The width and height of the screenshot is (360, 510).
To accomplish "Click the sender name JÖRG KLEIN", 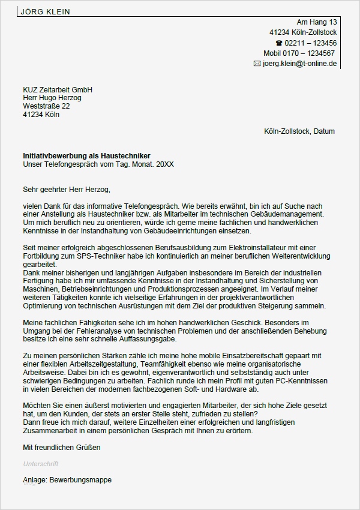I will click(x=45, y=11).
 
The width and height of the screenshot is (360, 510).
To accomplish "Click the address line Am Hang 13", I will click(x=317, y=22).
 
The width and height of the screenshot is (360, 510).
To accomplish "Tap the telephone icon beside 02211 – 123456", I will click(x=278, y=43).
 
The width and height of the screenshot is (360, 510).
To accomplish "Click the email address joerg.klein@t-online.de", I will click(x=300, y=64).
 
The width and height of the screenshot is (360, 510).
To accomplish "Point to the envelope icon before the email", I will click(x=257, y=64).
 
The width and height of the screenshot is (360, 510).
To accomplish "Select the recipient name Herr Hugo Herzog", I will click(x=52, y=98).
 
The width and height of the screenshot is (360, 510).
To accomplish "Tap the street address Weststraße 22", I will click(x=46, y=106).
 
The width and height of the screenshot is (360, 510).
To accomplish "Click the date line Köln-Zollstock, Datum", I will click(x=299, y=131).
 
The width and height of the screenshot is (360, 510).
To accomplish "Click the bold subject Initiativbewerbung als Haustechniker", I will click(x=86, y=155).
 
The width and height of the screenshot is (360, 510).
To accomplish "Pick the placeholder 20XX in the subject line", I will click(x=164, y=164).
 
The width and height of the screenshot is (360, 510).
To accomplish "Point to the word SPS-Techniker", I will click(x=97, y=256).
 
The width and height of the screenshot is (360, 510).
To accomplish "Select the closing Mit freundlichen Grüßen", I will click(x=62, y=448).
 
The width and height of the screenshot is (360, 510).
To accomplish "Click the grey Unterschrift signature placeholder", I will click(x=41, y=464).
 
